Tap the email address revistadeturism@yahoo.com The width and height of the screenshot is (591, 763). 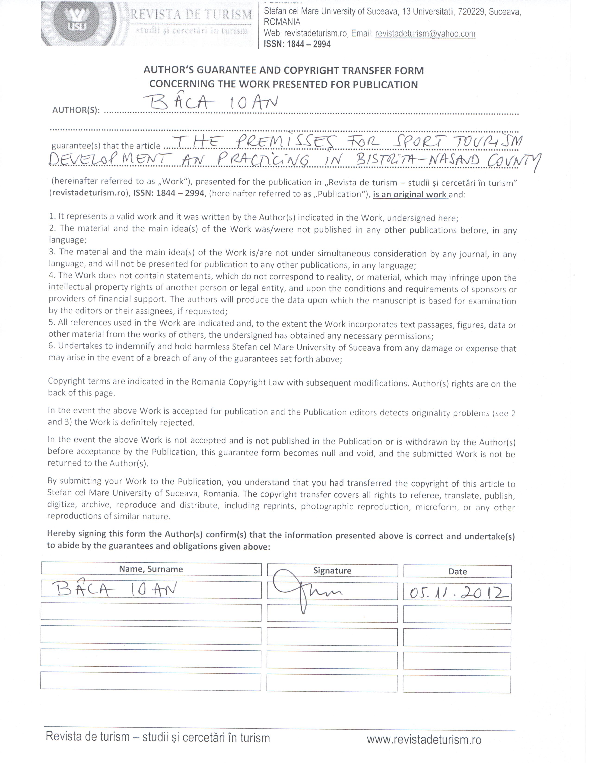425,34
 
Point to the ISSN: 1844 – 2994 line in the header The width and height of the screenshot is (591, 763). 297,44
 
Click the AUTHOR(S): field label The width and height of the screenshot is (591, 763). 76,110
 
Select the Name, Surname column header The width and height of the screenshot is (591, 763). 151,569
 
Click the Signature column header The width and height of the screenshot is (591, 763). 332,570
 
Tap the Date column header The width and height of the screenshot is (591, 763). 458,572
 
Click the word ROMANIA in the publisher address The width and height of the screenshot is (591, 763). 282,22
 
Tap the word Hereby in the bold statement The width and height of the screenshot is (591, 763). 61,533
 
